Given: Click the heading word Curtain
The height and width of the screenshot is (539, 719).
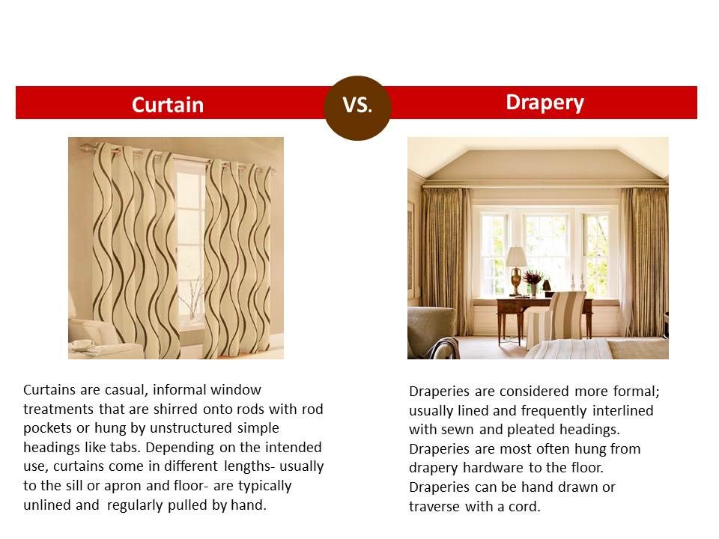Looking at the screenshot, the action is coord(168,105).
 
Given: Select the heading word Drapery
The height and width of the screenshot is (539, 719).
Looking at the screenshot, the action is coord(544,103).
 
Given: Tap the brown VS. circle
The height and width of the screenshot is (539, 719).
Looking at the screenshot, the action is coord(358,108).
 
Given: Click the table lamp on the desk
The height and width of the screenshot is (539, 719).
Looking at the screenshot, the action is coord(516,270).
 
